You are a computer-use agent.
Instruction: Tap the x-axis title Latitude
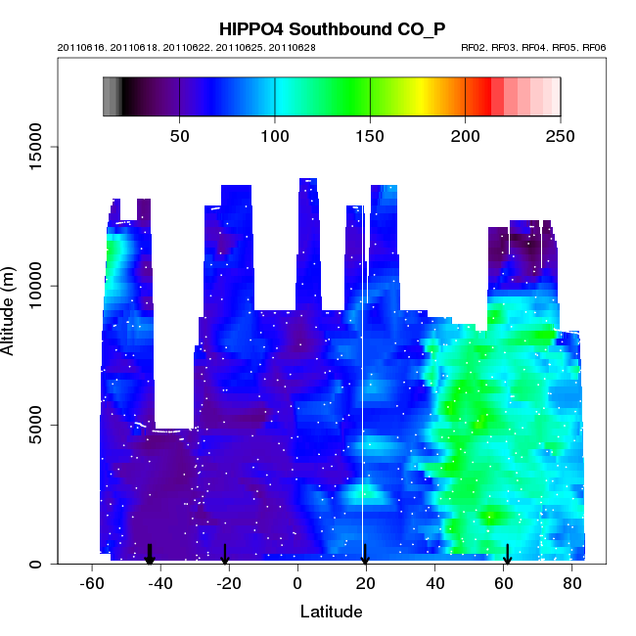(331, 613)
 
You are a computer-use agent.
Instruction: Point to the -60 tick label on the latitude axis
(92, 584)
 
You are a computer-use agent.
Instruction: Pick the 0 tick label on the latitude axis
(297, 584)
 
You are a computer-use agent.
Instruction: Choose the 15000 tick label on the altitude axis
(35, 148)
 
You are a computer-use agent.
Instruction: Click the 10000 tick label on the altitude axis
(35, 286)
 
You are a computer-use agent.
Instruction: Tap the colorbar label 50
(180, 136)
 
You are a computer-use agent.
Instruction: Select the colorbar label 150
(371, 136)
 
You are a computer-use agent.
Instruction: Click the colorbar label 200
(466, 136)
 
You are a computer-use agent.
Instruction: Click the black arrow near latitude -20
(225, 555)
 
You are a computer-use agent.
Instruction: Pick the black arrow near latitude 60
(508, 555)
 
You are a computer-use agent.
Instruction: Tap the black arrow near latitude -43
(150, 555)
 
